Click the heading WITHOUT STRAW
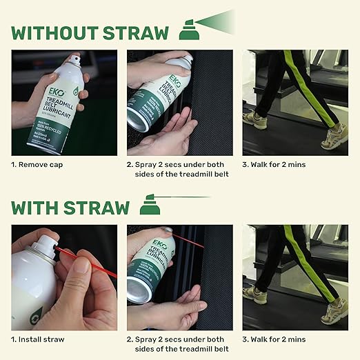[90, 32]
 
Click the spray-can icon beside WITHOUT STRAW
[186, 30]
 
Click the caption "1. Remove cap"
[42, 165]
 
